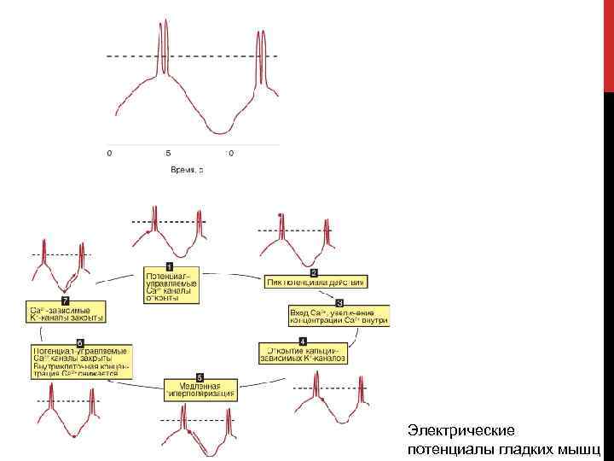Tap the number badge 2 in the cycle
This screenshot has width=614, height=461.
(x=313, y=272)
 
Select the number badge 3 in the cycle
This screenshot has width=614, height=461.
(x=339, y=303)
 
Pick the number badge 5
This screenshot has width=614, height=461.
(x=200, y=376)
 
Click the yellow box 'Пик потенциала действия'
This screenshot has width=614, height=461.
(x=316, y=282)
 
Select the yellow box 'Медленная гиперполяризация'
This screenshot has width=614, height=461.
(x=199, y=390)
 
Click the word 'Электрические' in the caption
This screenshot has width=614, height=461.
(x=449, y=430)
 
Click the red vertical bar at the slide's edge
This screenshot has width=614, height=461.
(x=608, y=43)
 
